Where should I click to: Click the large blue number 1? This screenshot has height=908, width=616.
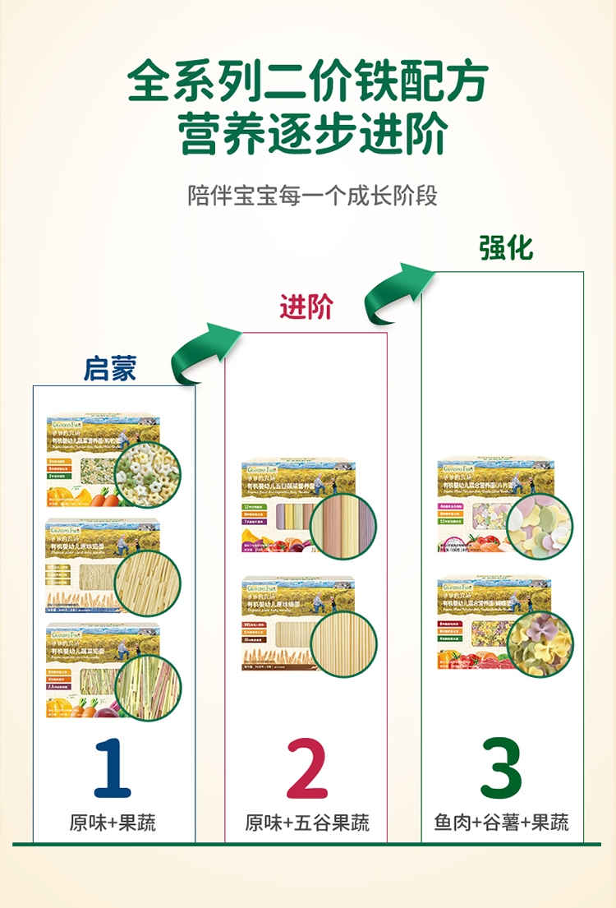113,769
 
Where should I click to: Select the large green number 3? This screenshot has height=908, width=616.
502,769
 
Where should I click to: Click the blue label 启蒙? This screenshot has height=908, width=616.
110,369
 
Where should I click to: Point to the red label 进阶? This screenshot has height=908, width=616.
306,307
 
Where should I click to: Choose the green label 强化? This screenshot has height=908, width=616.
507,247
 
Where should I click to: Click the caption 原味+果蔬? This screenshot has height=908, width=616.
113,823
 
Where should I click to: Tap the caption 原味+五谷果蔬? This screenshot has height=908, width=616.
307,823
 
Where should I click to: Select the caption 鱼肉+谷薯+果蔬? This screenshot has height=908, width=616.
502,823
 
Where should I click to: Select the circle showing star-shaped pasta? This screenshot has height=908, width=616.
148,475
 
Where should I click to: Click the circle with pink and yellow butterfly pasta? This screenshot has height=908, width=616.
540,643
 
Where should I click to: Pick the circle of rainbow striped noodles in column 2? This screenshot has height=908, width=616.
343,527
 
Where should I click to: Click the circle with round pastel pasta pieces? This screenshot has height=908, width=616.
540,527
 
